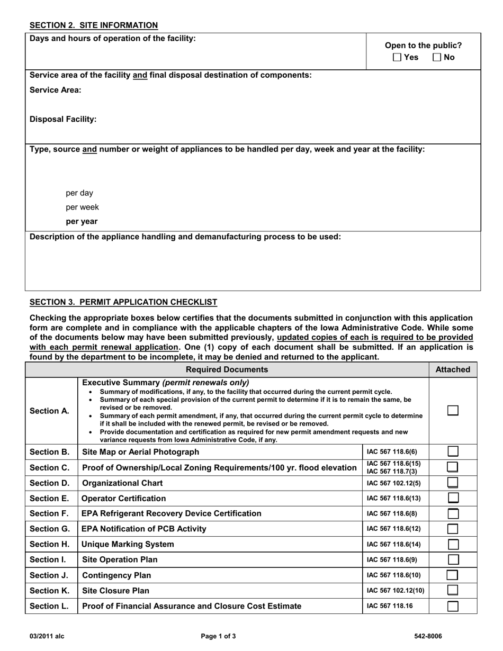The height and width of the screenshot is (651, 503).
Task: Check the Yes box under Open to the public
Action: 398,57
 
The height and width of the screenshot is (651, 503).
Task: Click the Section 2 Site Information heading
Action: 93,25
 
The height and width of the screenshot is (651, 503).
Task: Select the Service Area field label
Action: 56,90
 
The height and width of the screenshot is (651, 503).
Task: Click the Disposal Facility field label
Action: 63,119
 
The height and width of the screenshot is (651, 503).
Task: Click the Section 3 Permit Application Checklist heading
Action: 123,302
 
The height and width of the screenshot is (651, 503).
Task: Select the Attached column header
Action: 453,369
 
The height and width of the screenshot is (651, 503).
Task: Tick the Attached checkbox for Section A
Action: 453,411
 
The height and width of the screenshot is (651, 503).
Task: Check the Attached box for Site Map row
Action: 453,451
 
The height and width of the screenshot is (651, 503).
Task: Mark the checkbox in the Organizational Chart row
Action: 453,483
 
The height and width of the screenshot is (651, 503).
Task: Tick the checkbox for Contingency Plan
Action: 453,575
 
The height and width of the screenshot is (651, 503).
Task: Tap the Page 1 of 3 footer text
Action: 219,636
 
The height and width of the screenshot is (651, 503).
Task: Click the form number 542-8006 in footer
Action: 428,636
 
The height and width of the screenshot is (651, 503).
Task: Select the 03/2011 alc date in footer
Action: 47,636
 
